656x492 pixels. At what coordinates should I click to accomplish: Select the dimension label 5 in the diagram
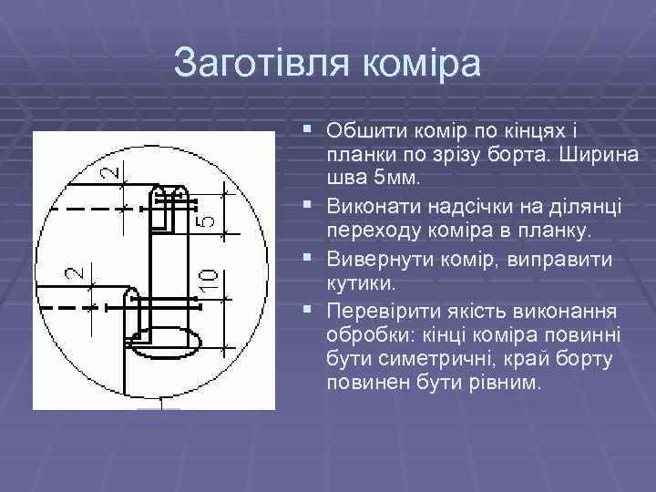(209, 215)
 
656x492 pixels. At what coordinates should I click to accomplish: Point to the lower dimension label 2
(76, 272)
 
